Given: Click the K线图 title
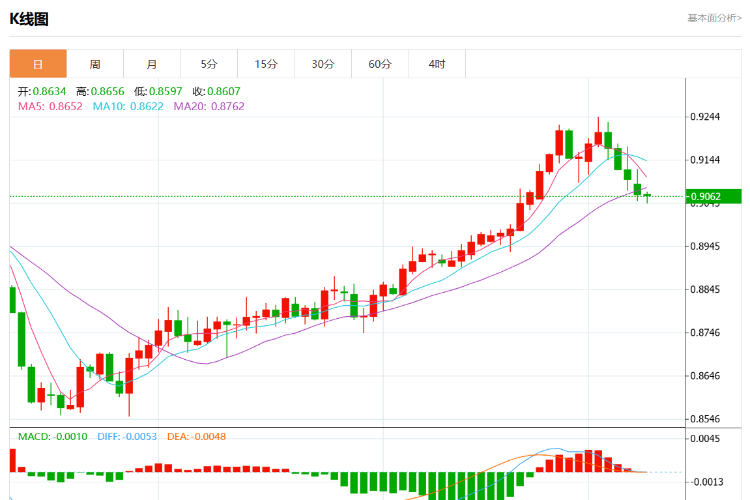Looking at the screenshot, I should [29, 20].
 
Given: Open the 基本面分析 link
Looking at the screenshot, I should [714, 18].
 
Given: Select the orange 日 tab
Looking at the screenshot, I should [38, 64].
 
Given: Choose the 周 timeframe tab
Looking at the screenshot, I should [95, 64].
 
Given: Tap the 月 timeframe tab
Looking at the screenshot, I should [152, 64].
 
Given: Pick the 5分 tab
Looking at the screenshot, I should [209, 64].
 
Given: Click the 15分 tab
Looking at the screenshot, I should [266, 64].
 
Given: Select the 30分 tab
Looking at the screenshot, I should [323, 64].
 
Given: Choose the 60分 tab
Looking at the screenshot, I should [380, 64].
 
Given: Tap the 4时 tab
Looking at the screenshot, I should [437, 64].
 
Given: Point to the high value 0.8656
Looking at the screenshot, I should [108, 92].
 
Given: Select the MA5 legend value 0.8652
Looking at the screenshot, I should [66, 106].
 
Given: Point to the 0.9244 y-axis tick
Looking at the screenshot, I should [705, 117].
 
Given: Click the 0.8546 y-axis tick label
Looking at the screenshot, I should [705, 419].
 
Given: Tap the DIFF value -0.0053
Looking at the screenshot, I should [139, 437].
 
